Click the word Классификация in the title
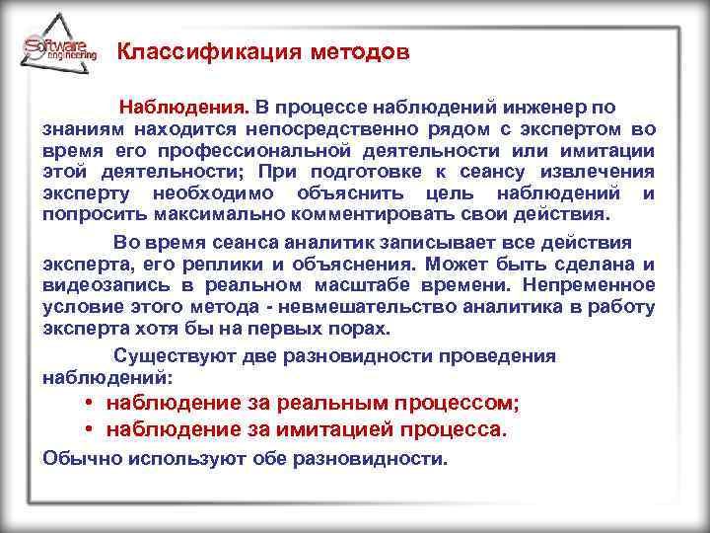(x=191, y=52)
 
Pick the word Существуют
(x=166, y=355)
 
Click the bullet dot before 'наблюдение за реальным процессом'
(x=89, y=403)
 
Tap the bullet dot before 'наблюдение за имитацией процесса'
(x=89, y=430)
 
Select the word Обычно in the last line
(x=74, y=459)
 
